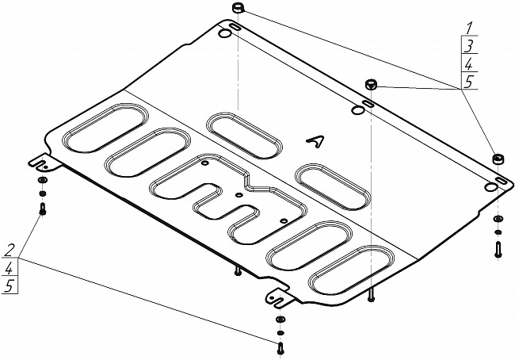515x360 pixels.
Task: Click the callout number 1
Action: coord(469,29)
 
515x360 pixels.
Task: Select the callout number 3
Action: coord(469,46)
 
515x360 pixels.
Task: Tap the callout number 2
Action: coord(10,251)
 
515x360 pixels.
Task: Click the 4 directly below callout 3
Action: coord(469,64)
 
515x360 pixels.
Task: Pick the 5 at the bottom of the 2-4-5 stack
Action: coord(9,286)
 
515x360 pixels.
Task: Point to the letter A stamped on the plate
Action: coord(315,141)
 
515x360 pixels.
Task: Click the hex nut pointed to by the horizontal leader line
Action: coord(371,84)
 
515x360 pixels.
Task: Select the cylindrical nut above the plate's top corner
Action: coord(238,8)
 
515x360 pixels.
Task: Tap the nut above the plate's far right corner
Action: coord(498,159)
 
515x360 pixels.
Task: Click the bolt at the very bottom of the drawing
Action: coord(280,348)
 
